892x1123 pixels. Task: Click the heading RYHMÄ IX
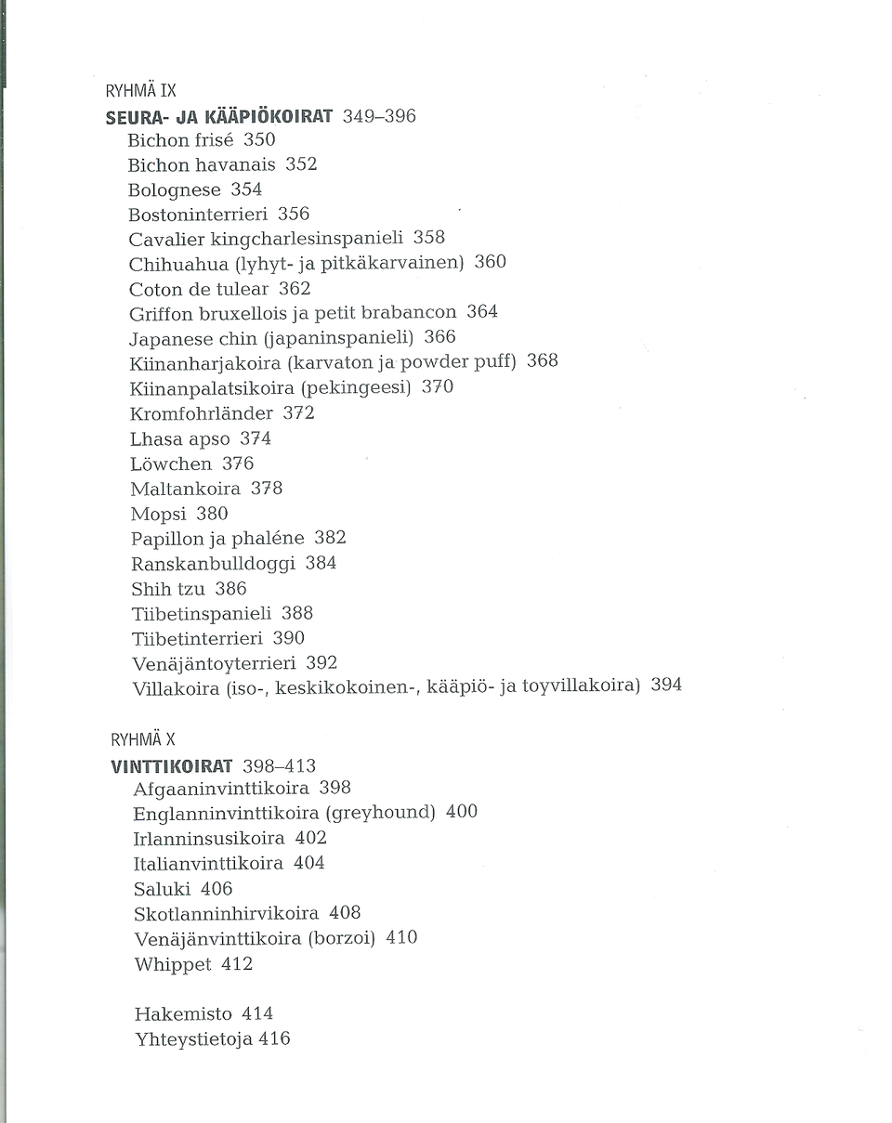click(140, 92)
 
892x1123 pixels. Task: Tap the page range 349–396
click(379, 116)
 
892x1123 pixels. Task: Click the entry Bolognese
click(175, 189)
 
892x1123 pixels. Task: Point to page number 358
click(428, 238)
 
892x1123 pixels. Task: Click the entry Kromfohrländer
click(201, 412)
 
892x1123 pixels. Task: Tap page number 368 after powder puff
click(542, 360)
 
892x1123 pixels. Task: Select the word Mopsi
click(157, 514)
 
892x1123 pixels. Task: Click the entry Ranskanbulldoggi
click(213, 564)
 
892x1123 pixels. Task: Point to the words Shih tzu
click(168, 589)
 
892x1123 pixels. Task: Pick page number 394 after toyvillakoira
click(665, 686)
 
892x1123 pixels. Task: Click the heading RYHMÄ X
click(142, 740)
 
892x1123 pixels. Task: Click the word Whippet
click(173, 964)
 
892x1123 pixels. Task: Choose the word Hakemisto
click(182, 1013)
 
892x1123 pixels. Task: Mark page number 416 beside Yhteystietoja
click(274, 1039)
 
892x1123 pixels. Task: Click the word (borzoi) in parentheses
click(341, 938)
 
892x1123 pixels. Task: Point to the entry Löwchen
click(171, 464)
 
